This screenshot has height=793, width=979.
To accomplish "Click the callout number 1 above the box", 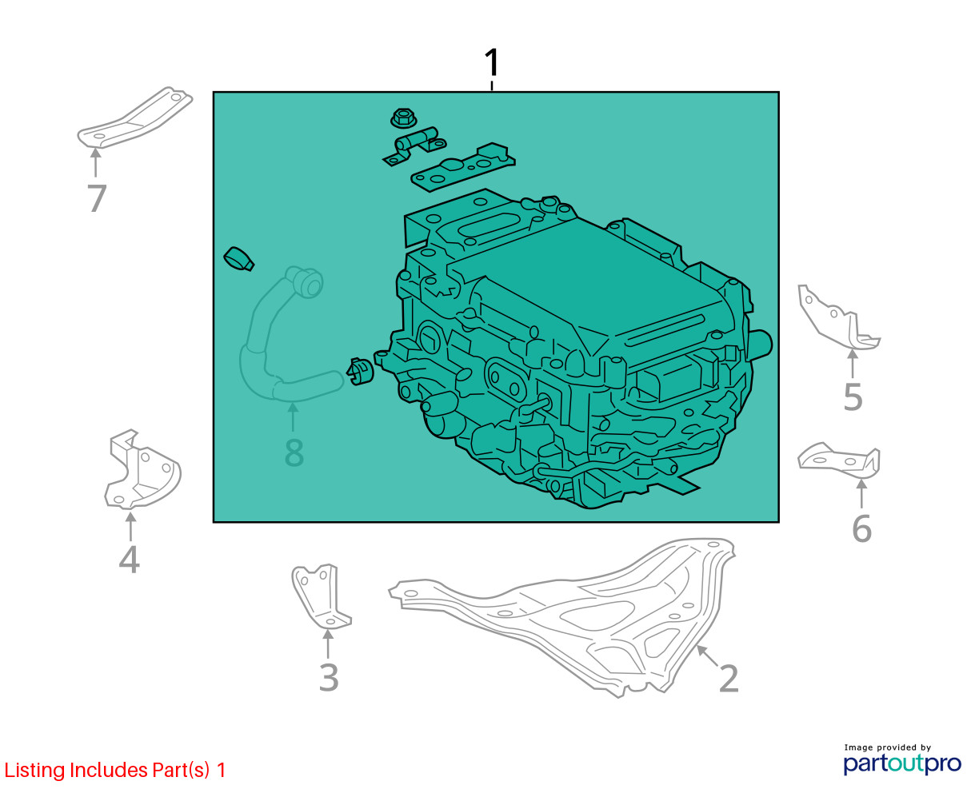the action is point(491,62).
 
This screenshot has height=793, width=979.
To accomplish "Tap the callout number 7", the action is point(97,198).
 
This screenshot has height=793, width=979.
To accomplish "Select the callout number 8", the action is point(294,452).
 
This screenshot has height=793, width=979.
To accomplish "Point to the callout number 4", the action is point(129,560).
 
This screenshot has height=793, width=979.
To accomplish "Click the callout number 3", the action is point(329,678).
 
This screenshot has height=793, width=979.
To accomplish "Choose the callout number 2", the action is point(729,678).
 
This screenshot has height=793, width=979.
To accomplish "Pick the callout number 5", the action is point(853,397).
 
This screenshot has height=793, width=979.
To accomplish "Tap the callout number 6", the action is point(861,529).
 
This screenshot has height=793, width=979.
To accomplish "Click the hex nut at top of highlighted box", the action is point(404,118).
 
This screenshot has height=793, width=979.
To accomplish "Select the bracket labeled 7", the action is point(134,118).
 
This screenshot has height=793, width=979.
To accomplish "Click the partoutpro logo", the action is point(901,763).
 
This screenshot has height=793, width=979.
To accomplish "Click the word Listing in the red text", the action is point(34,771).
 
